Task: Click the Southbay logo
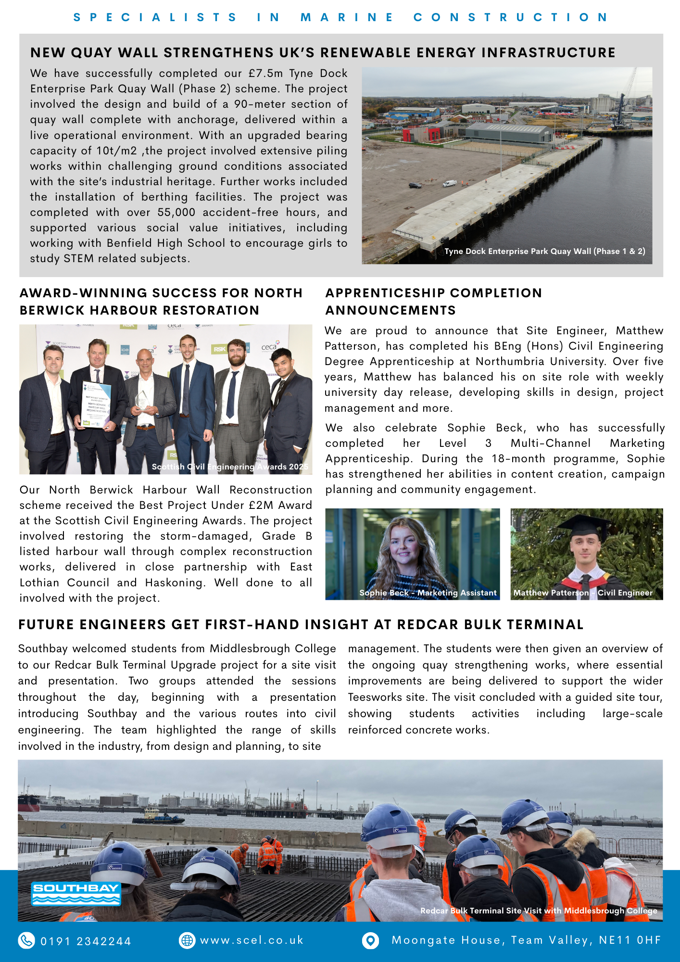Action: [x=76, y=894]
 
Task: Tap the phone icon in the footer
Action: [x=26, y=940]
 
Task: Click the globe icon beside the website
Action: [x=187, y=940]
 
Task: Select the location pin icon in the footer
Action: [x=370, y=940]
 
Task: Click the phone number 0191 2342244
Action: [x=86, y=941]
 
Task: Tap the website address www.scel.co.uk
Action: [x=252, y=940]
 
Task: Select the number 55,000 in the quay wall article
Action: [x=176, y=213]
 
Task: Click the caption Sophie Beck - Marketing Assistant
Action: [x=428, y=593]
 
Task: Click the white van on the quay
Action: [x=449, y=183]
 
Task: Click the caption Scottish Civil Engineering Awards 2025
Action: [x=230, y=467]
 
